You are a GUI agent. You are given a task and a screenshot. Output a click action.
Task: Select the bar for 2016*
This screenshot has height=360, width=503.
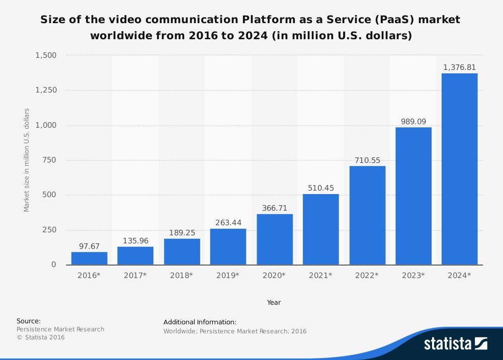[x=89, y=258]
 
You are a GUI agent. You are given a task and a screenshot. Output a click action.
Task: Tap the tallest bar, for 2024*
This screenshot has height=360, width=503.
[x=459, y=169]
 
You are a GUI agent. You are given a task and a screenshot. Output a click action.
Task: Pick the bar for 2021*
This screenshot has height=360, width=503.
[x=320, y=229]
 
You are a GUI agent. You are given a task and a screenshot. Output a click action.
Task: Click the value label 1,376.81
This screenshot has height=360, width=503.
[x=459, y=67]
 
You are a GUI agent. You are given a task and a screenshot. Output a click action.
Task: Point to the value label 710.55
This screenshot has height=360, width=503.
[x=367, y=160]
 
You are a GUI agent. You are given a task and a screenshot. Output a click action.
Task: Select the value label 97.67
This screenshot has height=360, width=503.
[x=89, y=246]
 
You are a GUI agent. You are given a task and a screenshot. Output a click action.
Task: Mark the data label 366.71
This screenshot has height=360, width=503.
[x=274, y=208]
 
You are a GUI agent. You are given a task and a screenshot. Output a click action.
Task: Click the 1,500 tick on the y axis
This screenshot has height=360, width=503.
[x=46, y=55]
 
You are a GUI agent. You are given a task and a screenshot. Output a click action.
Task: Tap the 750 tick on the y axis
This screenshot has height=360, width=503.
[x=49, y=160]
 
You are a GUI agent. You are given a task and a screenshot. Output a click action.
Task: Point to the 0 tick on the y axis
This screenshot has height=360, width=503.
[x=54, y=264]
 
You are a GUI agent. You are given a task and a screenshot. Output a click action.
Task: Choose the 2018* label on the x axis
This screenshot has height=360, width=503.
[x=182, y=276]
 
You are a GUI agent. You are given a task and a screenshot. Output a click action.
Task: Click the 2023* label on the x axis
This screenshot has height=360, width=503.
[x=413, y=276]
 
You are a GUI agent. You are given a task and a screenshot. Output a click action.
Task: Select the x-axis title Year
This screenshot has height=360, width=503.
[x=274, y=303]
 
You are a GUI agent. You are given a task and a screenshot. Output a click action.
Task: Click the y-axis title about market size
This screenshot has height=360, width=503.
[x=27, y=160]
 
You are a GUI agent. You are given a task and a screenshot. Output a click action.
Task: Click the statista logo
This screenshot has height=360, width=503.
[x=455, y=343]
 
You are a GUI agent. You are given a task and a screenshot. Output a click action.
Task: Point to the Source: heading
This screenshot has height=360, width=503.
[x=29, y=321]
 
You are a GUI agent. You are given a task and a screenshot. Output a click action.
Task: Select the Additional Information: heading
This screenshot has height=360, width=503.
[x=200, y=322]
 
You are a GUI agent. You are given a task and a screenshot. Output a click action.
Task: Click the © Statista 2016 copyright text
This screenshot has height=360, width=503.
[x=41, y=337]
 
